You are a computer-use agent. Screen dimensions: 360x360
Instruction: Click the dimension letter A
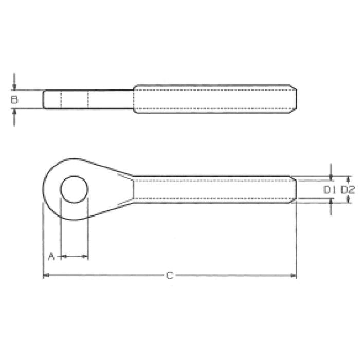[x=51, y=256]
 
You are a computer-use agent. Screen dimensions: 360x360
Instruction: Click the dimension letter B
[x=14, y=99]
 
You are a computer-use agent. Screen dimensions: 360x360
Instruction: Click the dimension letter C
[x=169, y=276]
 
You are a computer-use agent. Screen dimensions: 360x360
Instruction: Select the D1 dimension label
[x=330, y=190]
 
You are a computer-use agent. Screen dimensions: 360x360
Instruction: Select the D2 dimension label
[x=348, y=190]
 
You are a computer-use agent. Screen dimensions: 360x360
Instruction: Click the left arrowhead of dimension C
[x=45, y=276]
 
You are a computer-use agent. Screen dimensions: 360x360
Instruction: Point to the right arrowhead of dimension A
[x=86, y=256]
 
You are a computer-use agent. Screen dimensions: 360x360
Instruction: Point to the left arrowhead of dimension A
[x=63, y=256]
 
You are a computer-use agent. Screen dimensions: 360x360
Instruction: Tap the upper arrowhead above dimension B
[x=14, y=87]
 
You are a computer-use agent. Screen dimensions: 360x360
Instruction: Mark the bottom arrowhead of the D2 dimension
[x=348, y=200]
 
